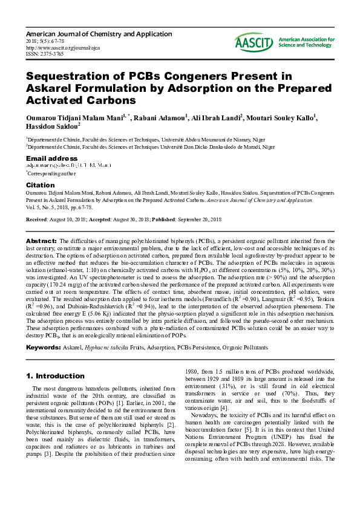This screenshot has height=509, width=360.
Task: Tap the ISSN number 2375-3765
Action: (x=47, y=53)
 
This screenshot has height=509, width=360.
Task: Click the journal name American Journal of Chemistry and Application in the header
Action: (x=99, y=34)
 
